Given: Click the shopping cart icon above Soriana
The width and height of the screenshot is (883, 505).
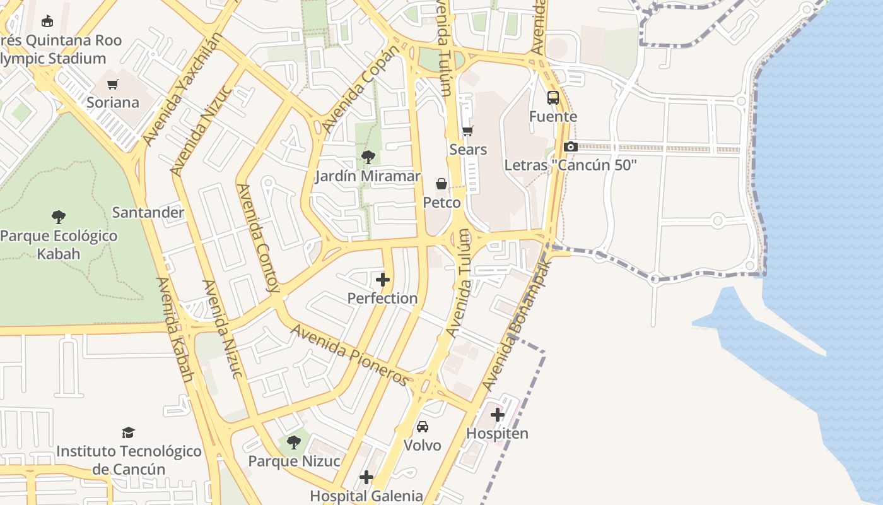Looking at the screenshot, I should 113,85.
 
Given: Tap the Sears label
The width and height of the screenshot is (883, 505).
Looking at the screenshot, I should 468,150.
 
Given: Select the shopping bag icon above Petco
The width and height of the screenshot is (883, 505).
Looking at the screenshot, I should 441,184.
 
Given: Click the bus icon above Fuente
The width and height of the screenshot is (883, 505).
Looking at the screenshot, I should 553,98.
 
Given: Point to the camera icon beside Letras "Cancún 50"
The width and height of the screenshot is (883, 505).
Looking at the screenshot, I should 570,146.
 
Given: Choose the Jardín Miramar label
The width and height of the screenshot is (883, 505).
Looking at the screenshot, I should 367,176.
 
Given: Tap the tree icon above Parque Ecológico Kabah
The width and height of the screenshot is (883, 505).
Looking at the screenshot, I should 59,217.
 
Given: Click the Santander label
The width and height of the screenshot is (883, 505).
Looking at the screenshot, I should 148,212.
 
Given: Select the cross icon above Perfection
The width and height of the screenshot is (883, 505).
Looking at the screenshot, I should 383,280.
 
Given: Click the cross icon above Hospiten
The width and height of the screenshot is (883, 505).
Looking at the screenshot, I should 498,415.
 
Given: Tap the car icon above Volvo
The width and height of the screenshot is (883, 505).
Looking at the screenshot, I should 423,427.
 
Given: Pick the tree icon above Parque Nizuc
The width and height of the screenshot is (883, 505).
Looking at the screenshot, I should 294,442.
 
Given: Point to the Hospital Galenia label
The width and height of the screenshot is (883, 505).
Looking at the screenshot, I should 366,496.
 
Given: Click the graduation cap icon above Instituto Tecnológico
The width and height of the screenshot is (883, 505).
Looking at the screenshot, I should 129,432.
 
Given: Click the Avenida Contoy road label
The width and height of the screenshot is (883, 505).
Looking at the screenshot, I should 257,238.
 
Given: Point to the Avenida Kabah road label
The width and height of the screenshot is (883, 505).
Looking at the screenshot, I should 175,330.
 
